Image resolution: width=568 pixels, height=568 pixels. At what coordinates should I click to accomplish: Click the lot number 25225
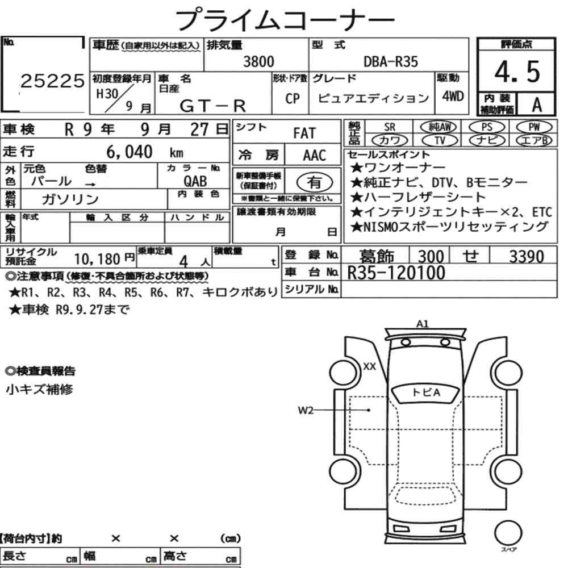(x=52, y=81)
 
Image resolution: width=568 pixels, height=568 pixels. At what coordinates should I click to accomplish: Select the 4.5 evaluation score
(x=517, y=72)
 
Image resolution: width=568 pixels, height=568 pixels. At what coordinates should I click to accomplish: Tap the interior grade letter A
(x=537, y=105)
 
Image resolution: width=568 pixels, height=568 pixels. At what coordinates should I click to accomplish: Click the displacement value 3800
(x=258, y=61)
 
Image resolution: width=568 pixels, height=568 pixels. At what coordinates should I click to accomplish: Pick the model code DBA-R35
(x=391, y=61)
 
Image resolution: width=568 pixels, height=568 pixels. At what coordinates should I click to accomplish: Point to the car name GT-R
(x=212, y=106)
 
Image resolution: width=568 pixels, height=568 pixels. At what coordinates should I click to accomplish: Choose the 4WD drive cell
(x=453, y=96)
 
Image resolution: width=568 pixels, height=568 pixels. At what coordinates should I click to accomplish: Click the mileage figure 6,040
(x=130, y=152)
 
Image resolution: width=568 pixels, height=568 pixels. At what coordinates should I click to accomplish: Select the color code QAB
(x=195, y=181)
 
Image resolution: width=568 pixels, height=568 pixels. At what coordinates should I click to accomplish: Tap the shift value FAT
(x=304, y=133)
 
